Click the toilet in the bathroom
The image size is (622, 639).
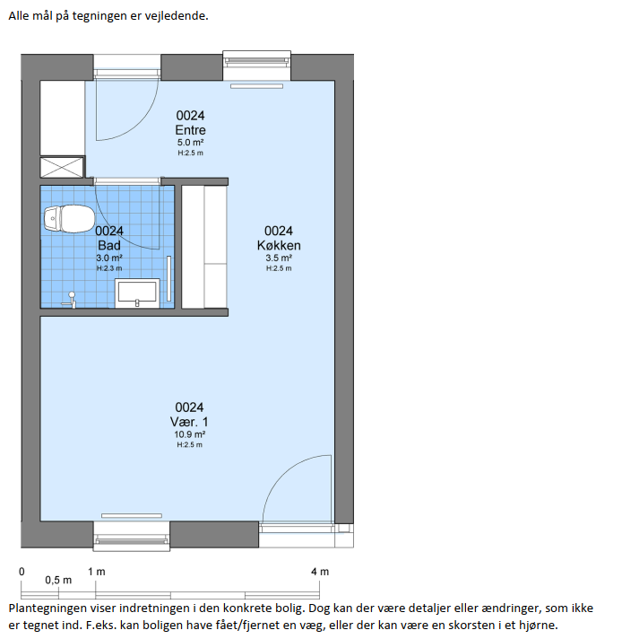[69, 219]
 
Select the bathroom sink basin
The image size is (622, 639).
[137, 293]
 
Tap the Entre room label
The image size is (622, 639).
[191, 130]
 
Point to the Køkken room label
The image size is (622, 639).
[279, 245]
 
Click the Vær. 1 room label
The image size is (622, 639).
[189, 422]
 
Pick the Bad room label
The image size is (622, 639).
[109, 245]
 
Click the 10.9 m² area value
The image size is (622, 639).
[190, 434]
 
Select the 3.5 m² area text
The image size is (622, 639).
[279, 258]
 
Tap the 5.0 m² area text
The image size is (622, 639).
[191, 143]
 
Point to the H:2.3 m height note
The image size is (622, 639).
[109, 268]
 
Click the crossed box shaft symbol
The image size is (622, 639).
[62, 167]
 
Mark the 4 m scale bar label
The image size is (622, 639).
[320, 572]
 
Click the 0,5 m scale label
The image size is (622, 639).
[58, 580]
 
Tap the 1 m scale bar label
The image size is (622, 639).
[97, 572]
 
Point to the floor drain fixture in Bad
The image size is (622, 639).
[70, 300]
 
